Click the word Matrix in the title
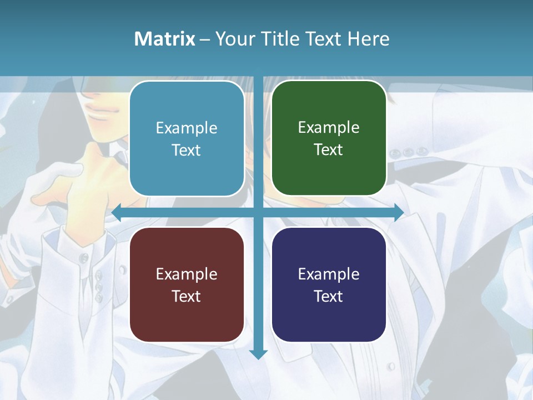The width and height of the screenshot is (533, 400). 164,39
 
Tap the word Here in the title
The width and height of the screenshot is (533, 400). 368,39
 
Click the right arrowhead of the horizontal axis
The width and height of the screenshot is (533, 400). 399,212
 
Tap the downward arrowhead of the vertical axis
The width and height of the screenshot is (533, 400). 258,354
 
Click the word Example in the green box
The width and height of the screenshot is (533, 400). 329,127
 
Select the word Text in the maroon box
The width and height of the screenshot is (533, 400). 187,296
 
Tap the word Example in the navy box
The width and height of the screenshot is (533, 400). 329,274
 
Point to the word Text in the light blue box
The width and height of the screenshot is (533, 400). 187,150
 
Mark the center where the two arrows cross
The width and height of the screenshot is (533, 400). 258,212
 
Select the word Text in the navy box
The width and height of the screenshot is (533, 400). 329,296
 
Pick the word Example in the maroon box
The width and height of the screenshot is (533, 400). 187,274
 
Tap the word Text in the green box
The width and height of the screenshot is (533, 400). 329,149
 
